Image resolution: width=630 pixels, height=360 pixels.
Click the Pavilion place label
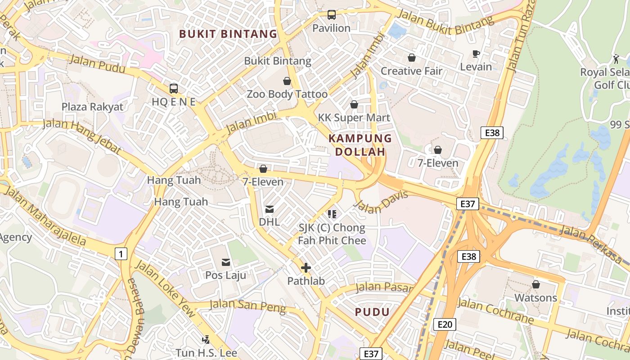pos(331,28)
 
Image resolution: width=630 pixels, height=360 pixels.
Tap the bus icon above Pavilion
pos(332,15)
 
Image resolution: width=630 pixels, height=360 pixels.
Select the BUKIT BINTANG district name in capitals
pos(228,34)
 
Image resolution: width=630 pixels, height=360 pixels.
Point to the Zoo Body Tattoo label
pos(287,94)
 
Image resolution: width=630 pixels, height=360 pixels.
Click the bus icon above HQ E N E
pos(174,89)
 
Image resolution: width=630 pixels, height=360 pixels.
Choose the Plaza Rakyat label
pos(92,107)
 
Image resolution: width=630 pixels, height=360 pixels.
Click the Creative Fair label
pos(411,71)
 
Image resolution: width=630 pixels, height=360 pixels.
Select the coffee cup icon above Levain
pos(476,54)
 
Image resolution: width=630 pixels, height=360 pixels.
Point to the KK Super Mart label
pos(354,118)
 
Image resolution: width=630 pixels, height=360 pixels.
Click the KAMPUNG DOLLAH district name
pos(360,145)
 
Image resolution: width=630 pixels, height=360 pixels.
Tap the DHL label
pos(269,222)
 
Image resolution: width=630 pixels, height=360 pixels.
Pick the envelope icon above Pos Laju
pos(225,262)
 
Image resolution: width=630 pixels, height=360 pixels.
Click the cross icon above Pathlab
pos(306,268)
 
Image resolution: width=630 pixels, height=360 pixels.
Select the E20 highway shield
pos(445,324)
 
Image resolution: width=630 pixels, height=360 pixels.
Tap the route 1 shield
pos(121,254)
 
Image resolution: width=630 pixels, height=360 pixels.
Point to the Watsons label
pos(535,298)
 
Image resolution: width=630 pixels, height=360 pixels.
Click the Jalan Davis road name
pos(381,203)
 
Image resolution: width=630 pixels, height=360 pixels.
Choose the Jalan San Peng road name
pos(248,306)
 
